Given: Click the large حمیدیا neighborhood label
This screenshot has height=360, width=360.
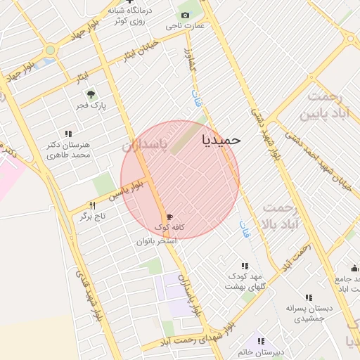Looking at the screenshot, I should coord(221,139).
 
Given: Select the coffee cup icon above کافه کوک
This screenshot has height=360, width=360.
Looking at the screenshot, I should coord(169,217).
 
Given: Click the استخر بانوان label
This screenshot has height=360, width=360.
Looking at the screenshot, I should coord(156,240).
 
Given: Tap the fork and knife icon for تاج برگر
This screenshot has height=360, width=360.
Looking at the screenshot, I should coord(91,205).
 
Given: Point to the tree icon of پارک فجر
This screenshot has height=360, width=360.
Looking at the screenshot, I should coord(90,94).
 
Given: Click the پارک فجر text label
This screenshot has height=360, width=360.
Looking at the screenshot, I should coord(90,106).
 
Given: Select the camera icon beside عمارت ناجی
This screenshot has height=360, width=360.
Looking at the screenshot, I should coord(185,15).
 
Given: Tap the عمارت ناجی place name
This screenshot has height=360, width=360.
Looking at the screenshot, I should coord(185,26).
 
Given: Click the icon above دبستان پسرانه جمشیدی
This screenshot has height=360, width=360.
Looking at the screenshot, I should coord(309,297).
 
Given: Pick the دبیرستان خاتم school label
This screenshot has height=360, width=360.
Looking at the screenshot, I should coord(259,351).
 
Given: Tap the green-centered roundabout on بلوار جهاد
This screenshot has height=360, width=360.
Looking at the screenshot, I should coord(50,50).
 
